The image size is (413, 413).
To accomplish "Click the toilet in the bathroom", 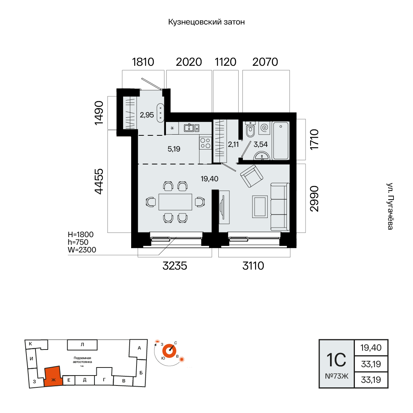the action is click(250, 129).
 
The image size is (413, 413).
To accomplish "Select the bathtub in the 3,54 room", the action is click(281, 140).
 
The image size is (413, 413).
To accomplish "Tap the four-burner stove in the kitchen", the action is click(205, 143).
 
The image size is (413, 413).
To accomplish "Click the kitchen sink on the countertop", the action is click(192, 128).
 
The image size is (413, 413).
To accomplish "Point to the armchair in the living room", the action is click(252, 176).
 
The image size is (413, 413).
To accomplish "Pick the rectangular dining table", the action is click(176, 202).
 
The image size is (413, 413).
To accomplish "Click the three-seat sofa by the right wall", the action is click(280, 207).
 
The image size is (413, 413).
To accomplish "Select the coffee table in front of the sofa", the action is click(260, 206).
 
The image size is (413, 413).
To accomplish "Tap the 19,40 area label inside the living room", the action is click(210, 179).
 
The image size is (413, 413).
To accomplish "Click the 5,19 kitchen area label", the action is click(174, 149).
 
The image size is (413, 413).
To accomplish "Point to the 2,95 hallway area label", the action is click(147, 115).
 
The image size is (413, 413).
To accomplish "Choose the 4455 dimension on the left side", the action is click(99, 182).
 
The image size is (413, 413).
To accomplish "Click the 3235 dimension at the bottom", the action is click(175, 266).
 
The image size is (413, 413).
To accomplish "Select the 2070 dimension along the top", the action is click(265, 62).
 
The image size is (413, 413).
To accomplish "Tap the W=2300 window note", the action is click(82, 250).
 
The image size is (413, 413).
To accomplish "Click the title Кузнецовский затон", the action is click(206, 22).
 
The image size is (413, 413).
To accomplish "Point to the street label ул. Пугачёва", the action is click(390, 206).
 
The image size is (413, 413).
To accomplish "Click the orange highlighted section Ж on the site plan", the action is click(54, 376).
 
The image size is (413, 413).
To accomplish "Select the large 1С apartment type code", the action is click(337, 360).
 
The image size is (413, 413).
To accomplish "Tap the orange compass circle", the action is click(169, 351).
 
